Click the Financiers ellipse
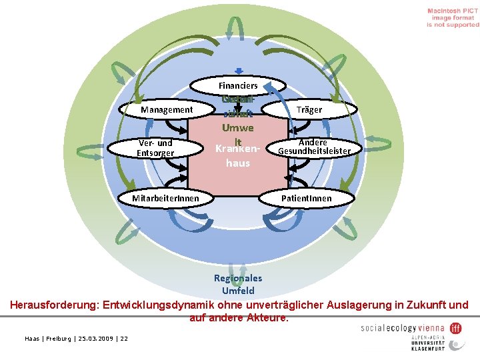238,85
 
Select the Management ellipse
167,110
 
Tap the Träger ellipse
308,109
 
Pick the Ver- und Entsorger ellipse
155,148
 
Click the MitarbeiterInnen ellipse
164,198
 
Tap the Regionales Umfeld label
238,285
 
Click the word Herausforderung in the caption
53,305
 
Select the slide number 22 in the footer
124,339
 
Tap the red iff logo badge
456,328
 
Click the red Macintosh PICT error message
453,18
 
